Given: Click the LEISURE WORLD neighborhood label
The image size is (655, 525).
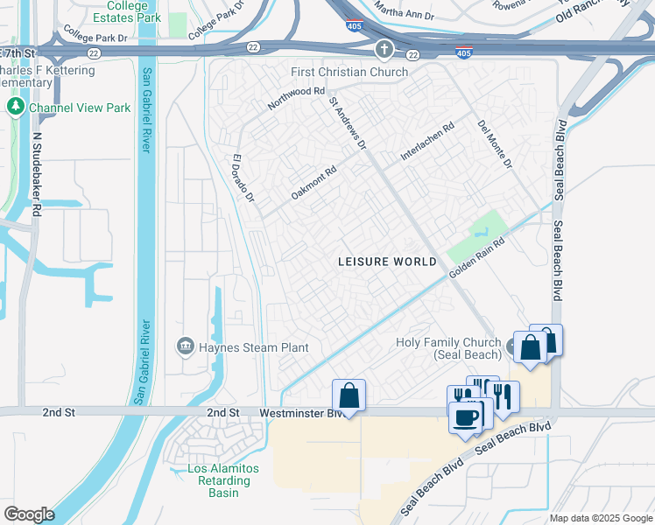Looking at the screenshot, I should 380,262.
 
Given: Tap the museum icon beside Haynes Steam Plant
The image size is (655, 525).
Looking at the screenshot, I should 185,347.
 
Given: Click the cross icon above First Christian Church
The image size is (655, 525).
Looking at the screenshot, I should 384,50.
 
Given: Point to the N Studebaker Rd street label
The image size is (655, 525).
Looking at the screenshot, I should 37,174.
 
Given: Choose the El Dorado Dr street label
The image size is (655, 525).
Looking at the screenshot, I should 243,179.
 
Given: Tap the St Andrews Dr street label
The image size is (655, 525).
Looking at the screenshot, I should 347,123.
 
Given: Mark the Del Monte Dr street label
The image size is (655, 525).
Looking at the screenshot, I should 495,144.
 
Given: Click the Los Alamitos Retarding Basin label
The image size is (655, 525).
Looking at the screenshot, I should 223,480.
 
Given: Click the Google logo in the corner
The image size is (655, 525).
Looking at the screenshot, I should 28,514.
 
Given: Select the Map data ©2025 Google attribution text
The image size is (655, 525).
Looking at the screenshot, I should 601,518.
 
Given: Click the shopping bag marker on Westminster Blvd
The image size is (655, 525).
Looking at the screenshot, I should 349,395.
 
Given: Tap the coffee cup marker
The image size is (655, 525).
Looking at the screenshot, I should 466,416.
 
